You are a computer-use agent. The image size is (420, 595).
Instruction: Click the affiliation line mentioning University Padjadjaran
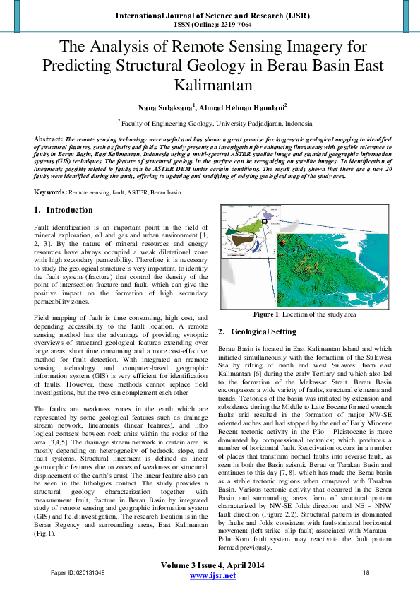(x=210, y=122)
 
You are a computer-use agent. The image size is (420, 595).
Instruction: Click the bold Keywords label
(x=50, y=192)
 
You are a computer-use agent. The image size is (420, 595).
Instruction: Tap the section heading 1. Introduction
(x=64, y=210)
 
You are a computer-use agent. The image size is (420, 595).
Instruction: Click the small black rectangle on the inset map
(x=263, y=221)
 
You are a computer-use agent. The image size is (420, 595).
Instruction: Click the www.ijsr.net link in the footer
(x=212, y=577)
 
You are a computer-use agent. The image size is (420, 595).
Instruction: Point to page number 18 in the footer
(x=366, y=572)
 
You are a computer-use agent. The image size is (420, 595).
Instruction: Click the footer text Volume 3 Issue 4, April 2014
(x=212, y=566)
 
